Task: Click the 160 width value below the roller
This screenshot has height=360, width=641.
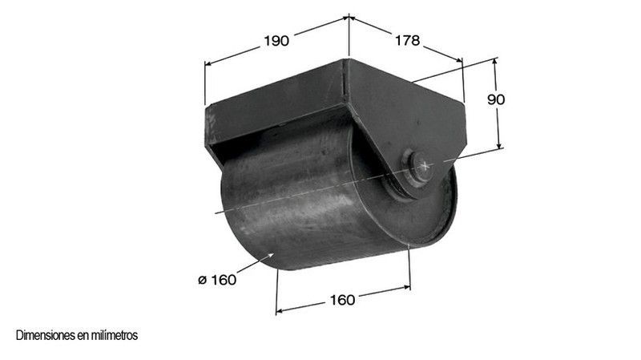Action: (x=342, y=300)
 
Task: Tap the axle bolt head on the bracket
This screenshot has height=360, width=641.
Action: (x=421, y=166)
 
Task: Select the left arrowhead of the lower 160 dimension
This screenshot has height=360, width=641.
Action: (x=279, y=310)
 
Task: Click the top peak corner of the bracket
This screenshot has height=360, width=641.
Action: (x=349, y=59)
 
